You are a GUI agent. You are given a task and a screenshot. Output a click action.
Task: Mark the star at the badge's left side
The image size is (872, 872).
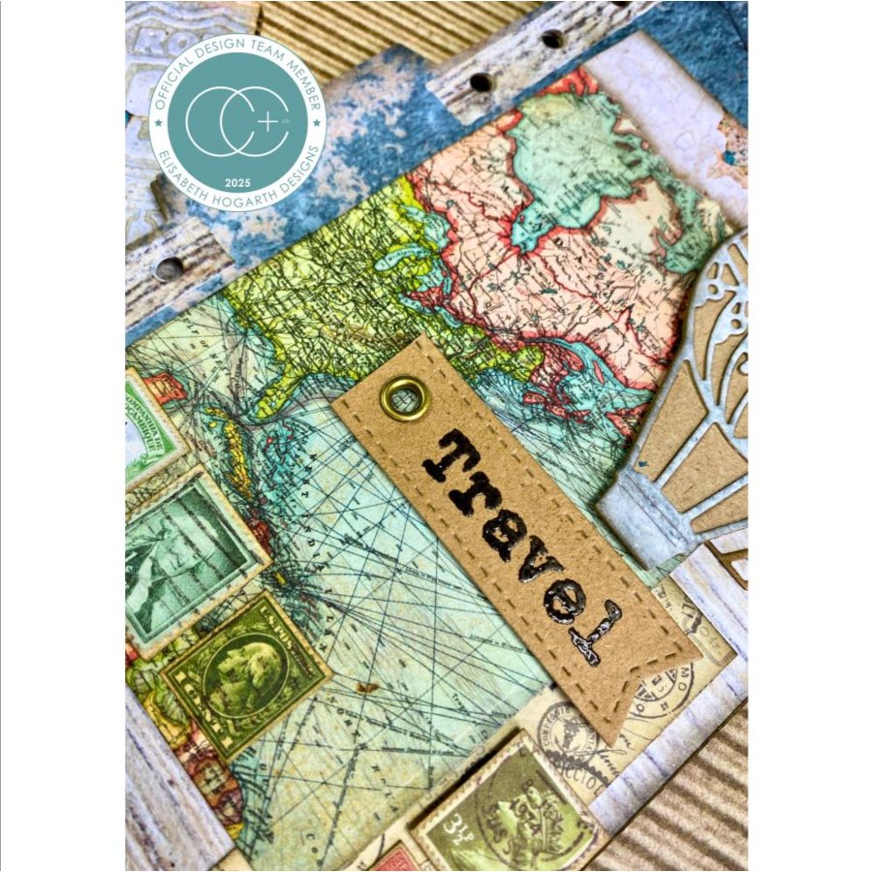point(158,124)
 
